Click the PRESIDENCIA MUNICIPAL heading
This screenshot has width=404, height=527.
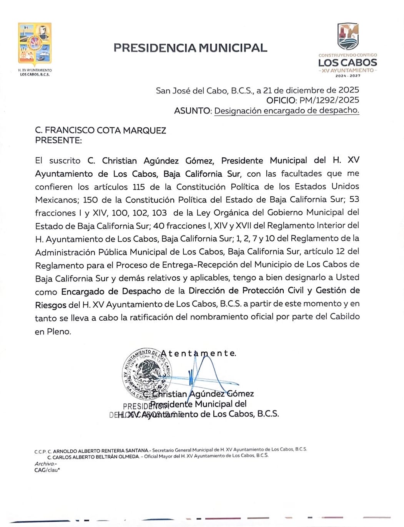(x=190, y=48)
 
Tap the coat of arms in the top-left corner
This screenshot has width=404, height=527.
(x=35, y=44)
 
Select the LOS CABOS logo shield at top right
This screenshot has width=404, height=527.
(x=348, y=36)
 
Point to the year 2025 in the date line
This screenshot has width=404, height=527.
(x=349, y=90)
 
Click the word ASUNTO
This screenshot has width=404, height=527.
(x=192, y=111)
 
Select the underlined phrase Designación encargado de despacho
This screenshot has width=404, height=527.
(x=286, y=110)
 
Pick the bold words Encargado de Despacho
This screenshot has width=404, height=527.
(x=111, y=291)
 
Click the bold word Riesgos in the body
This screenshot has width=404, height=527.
(x=51, y=305)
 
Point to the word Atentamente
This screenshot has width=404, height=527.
(x=198, y=353)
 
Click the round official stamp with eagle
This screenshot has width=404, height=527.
(x=146, y=373)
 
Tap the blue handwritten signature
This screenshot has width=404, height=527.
(x=208, y=375)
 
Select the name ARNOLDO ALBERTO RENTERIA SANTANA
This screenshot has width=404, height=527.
(x=100, y=450)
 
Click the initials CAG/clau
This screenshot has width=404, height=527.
(x=47, y=470)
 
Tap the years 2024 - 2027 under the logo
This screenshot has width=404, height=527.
(x=348, y=76)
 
